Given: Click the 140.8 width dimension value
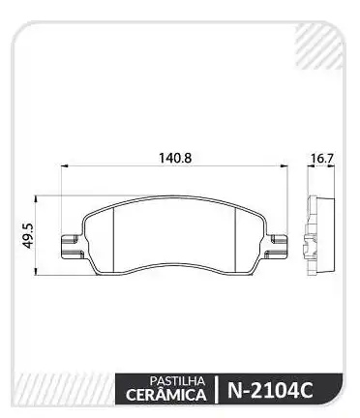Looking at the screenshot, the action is click(x=175, y=158).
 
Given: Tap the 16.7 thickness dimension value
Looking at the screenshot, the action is click(x=322, y=159).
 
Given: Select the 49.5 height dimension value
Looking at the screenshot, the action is click(x=29, y=236).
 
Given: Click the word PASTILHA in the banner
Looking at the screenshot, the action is click(x=177, y=381).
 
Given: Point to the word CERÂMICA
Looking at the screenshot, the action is click(x=166, y=395).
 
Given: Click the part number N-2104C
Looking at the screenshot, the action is click(x=270, y=391).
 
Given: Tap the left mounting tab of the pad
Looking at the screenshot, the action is click(x=72, y=247).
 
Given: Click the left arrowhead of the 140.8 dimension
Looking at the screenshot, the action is click(x=65, y=166).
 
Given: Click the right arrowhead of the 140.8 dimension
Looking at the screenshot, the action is click(x=284, y=166).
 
